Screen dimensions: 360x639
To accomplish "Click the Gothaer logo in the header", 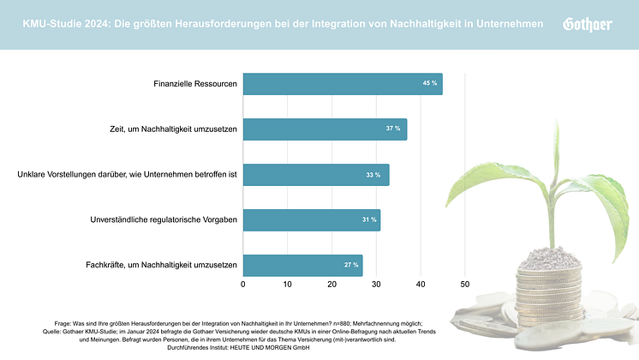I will [x=587, y=25].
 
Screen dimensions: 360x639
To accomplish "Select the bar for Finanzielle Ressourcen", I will [x=343, y=83].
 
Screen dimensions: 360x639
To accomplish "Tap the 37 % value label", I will [x=393, y=129].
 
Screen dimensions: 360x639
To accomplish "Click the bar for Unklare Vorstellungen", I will [x=316, y=175].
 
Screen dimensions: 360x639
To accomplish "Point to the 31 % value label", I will [x=369, y=220].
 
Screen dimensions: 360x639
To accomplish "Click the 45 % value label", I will [x=429, y=83].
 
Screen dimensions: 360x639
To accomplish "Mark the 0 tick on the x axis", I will [x=243, y=284].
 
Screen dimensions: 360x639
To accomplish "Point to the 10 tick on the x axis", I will [x=288, y=284].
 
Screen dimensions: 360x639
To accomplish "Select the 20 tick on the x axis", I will [x=332, y=284].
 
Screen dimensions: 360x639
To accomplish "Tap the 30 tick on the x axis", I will [x=376, y=284].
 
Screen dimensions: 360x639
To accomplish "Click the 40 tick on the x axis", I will [x=421, y=284].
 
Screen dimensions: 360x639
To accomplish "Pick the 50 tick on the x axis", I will [x=465, y=284].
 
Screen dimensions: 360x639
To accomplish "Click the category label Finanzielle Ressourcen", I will [x=194, y=84].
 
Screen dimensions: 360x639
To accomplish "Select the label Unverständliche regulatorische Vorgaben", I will [x=164, y=220].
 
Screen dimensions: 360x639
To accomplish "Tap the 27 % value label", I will [x=351, y=266].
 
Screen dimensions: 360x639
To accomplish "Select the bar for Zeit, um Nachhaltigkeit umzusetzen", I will [x=325, y=129].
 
